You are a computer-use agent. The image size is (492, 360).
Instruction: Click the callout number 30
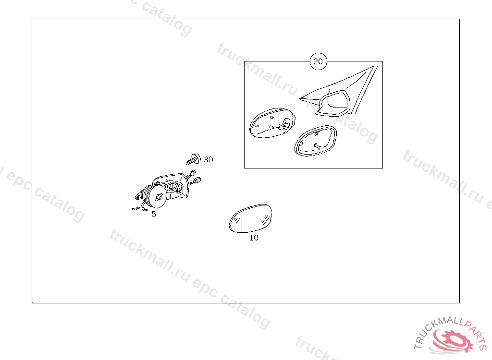click(x=209, y=160)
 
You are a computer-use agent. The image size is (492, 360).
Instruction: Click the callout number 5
click(x=154, y=214)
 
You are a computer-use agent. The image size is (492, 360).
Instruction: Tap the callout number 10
click(x=254, y=238)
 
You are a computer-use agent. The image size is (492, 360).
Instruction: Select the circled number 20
click(x=318, y=61)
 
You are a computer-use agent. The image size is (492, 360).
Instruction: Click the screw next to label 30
click(x=193, y=159)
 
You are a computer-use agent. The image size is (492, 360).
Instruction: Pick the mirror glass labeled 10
click(x=250, y=218)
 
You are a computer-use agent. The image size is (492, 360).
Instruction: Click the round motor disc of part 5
click(x=158, y=196)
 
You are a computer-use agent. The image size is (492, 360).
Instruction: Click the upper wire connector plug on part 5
click(x=192, y=173)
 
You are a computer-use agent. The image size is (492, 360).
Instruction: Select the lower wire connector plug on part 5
click(x=197, y=180)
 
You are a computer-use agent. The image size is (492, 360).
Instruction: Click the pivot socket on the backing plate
click(x=285, y=124)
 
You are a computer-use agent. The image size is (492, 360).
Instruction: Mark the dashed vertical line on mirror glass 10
click(x=242, y=221)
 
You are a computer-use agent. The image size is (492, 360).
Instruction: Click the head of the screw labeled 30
click(x=197, y=158)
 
